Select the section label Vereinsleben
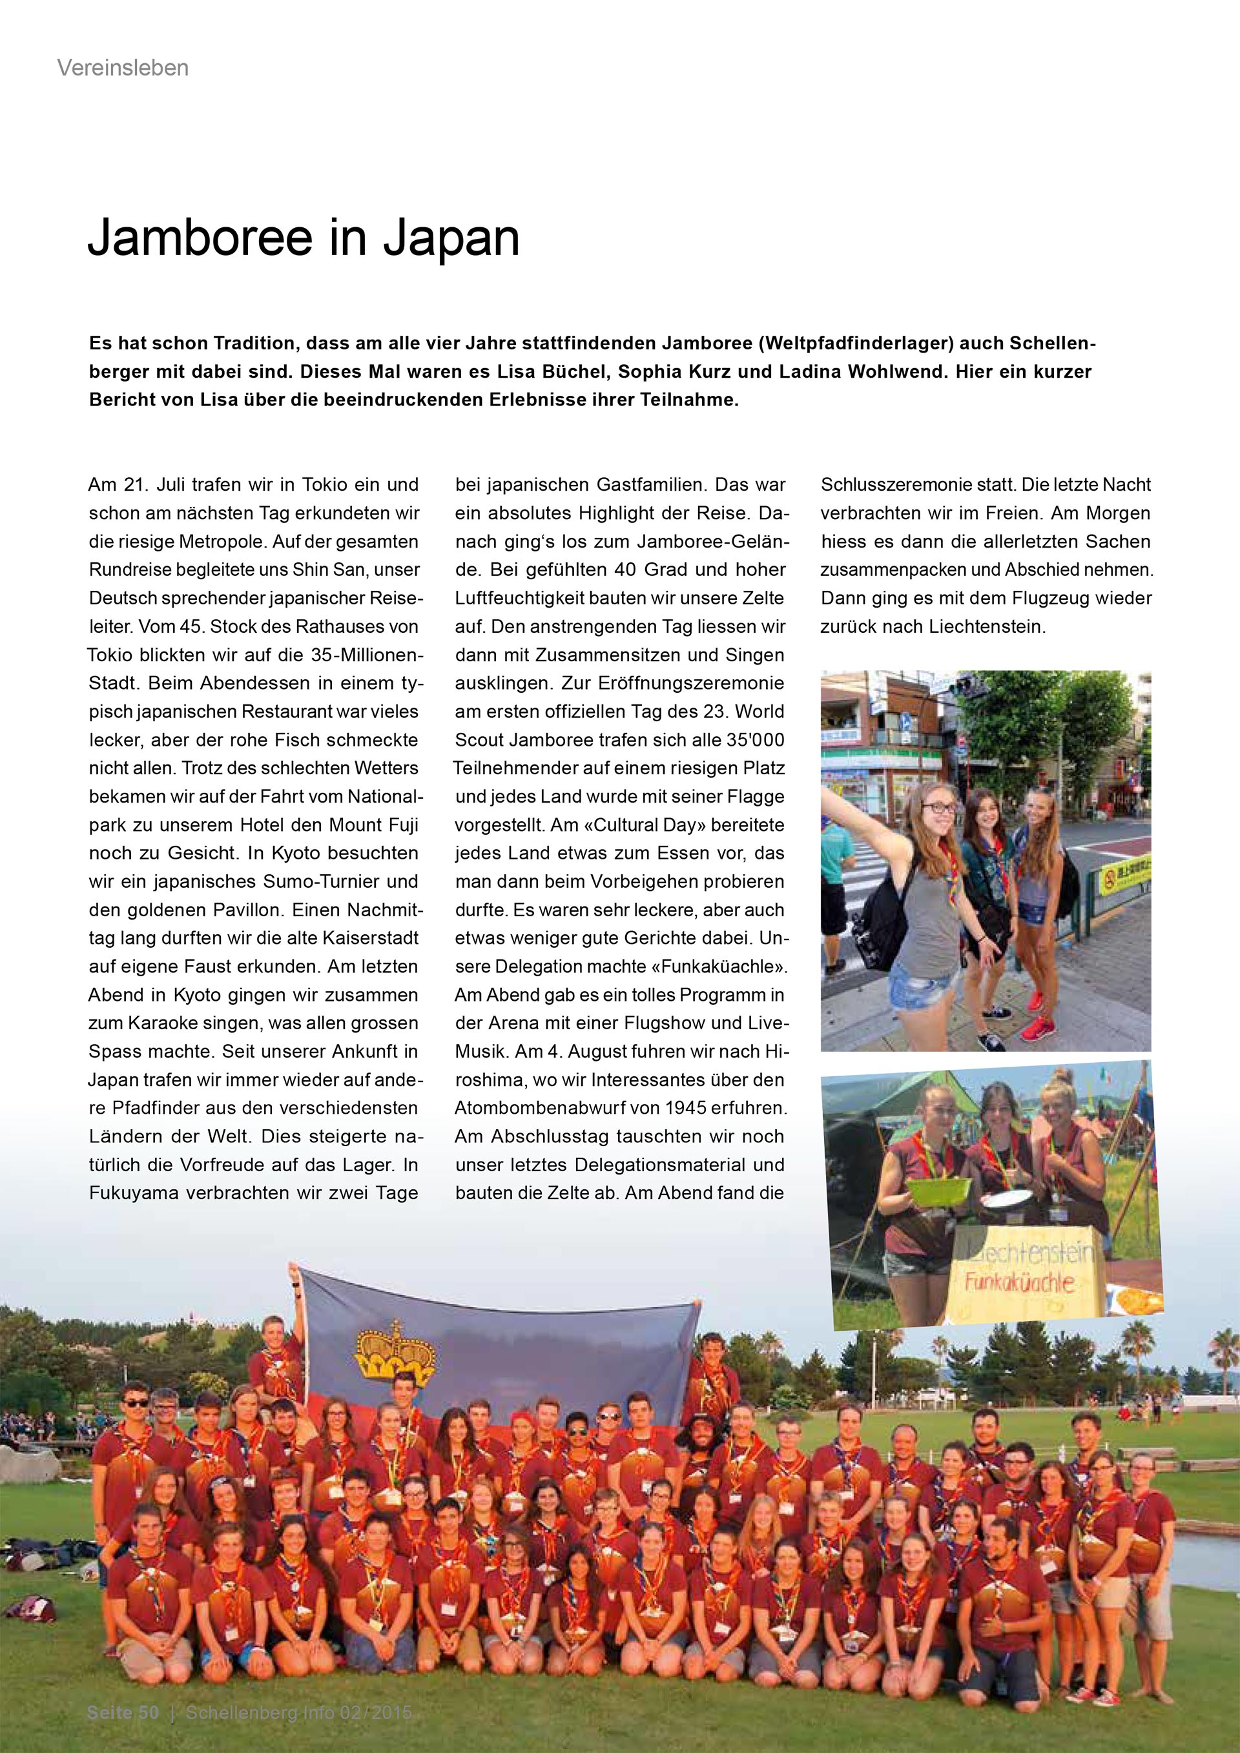pyautogui.click(x=122, y=68)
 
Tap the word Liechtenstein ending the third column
pyautogui.click(x=986, y=627)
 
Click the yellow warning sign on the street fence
pyautogui.click(x=1123, y=881)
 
